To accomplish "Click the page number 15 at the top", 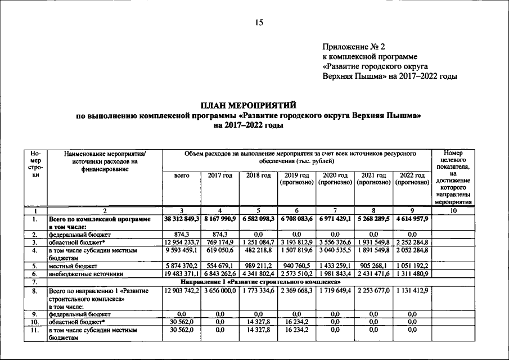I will pyautogui.click(x=259, y=23).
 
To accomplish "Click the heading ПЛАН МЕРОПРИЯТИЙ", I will pyautogui.click(x=249, y=106).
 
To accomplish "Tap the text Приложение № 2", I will pyautogui.click(x=353, y=47).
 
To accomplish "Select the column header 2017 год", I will pyautogui.click(x=220, y=176).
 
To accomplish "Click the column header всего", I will pyautogui.click(x=181, y=176).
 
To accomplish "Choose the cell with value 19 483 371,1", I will pyautogui.click(x=182, y=273).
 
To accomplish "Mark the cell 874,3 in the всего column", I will pyautogui.click(x=182, y=233).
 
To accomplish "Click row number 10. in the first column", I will pyautogui.click(x=35, y=321).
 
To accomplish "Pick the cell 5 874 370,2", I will pyautogui.click(x=182, y=265).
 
